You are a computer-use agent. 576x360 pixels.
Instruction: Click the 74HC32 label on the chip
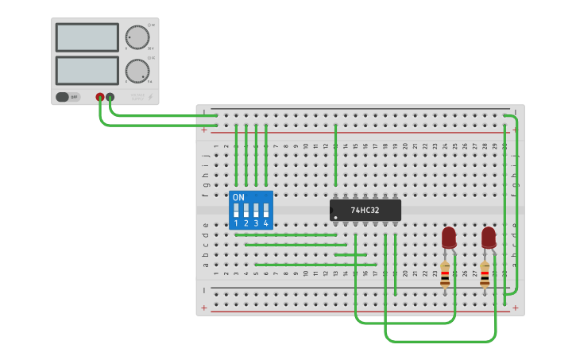(365, 211)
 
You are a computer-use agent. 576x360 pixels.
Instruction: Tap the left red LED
(449, 237)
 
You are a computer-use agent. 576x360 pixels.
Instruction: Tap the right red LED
(489, 237)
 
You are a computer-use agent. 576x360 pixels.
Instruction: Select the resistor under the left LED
(445, 274)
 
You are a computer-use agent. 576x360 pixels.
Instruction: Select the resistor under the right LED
(485, 274)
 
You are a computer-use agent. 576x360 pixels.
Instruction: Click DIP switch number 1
(236, 211)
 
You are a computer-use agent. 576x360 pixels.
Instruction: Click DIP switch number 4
(266, 211)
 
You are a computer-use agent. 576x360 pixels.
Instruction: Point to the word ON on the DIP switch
(238, 197)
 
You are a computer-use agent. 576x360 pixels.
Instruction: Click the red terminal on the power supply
(100, 97)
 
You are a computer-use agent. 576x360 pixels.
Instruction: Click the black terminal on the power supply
(110, 97)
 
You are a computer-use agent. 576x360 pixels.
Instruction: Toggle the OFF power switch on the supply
(68, 97)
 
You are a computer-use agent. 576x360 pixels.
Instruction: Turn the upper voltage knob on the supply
(137, 37)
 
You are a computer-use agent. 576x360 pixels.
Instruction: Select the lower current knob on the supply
(137, 71)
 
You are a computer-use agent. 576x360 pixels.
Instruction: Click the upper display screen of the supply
(87, 37)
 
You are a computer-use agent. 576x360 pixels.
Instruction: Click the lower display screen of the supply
(87, 70)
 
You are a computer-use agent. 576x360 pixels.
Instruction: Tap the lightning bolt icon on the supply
(151, 97)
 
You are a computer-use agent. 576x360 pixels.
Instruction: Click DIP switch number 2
(246, 211)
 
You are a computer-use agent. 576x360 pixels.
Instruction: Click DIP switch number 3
(256, 211)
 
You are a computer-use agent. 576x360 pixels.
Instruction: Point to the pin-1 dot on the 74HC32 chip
(335, 217)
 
